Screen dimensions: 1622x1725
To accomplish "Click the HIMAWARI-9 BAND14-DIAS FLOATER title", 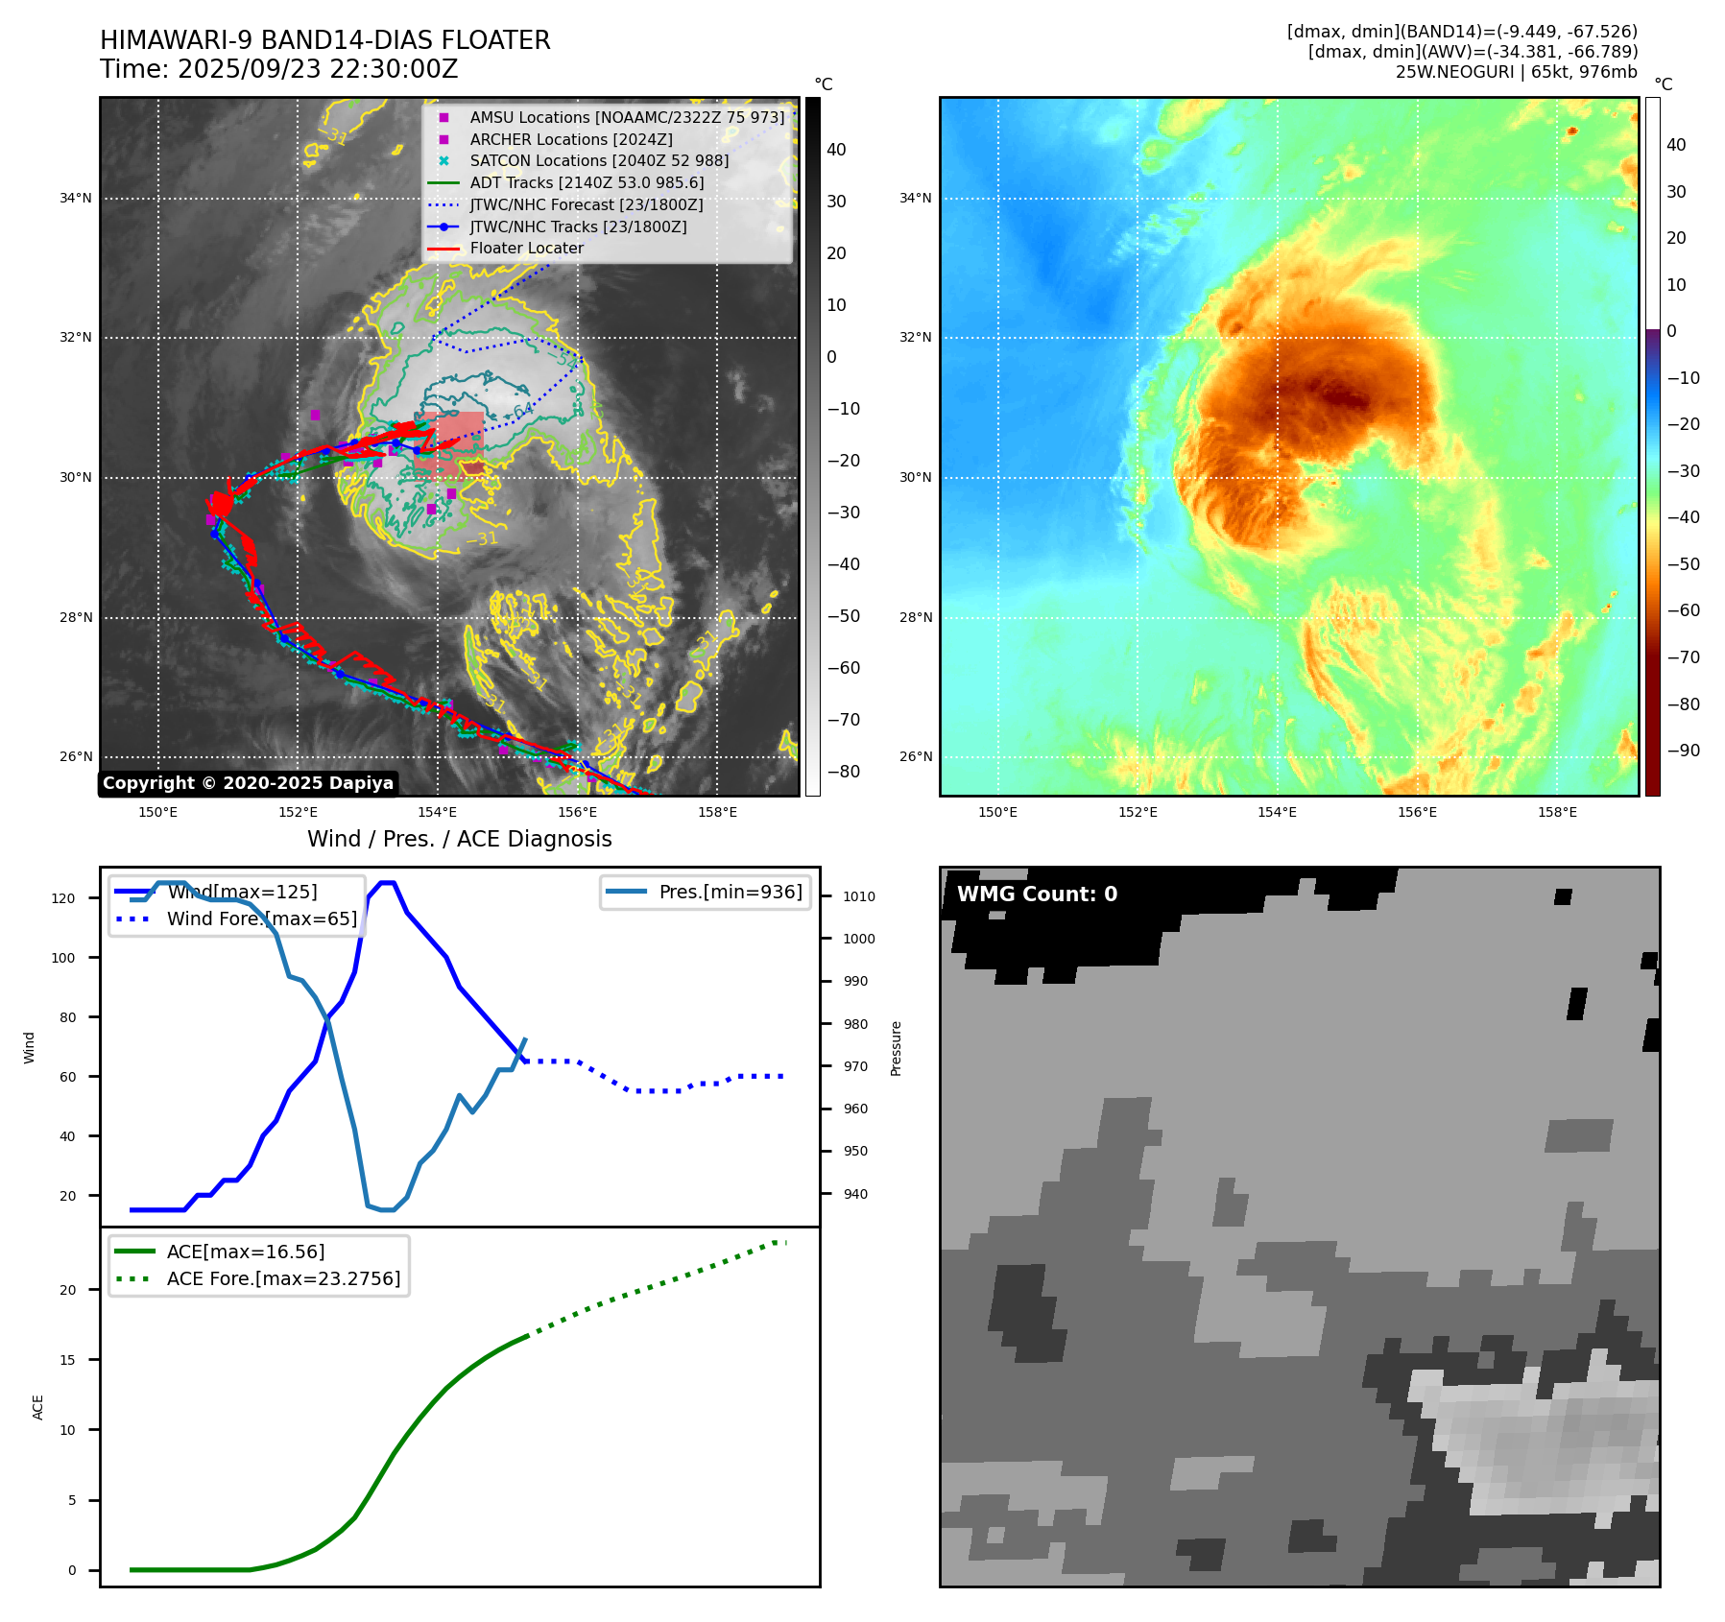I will tap(324, 40).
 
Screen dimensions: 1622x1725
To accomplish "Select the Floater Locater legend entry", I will tap(526, 249).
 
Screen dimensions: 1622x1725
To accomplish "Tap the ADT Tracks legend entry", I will tap(587, 182).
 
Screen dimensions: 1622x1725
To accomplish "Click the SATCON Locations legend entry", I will tap(599, 160).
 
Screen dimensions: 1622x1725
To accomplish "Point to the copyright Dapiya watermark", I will tap(248, 783).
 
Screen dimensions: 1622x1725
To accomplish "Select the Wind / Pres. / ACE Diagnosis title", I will tap(459, 839).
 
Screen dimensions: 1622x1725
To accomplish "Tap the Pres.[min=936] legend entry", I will tap(730, 892).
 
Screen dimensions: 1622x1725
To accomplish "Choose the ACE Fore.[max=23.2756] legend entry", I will tap(283, 1278).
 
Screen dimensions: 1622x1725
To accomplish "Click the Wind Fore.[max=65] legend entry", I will tap(261, 918).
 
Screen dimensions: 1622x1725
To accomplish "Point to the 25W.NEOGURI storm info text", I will tap(1516, 72).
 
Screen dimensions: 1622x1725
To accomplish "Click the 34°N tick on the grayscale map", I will tap(76, 199).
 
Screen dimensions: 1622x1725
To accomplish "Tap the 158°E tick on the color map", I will tap(1556, 813).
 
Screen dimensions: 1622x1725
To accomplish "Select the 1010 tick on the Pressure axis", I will tap(859, 896).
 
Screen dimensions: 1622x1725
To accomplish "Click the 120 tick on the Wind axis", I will tap(63, 898).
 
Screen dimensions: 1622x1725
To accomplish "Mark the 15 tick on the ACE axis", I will tap(67, 1360).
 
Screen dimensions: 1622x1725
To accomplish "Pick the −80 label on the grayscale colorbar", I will tap(844, 772).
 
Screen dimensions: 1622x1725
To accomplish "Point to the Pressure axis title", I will tap(896, 1048).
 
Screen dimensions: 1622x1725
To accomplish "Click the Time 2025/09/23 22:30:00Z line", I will tap(278, 69).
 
